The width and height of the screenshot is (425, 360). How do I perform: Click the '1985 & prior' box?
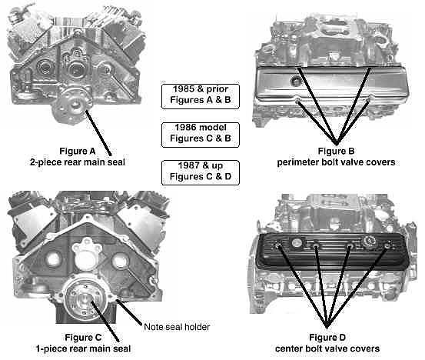click(201, 96)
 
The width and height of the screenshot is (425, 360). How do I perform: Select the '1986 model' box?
click(201, 135)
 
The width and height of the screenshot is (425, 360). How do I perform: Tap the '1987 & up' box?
click(201, 173)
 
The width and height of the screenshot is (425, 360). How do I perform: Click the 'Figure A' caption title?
click(78, 151)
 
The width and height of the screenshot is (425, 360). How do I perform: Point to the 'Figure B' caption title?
click(336, 151)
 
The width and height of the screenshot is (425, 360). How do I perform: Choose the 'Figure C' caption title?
click(83, 338)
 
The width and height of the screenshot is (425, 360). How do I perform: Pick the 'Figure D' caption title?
click(327, 338)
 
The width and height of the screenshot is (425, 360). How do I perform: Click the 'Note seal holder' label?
click(177, 327)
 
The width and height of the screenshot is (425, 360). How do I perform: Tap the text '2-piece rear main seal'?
click(78, 162)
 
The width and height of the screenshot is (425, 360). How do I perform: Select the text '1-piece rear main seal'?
click(84, 348)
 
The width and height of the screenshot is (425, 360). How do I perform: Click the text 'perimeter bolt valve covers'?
click(336, 162)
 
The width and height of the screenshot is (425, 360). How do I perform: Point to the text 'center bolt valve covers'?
click(327, 348)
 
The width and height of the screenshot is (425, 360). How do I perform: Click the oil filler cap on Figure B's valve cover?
click(295, 80)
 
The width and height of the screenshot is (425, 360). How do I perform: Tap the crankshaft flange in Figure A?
click(71, 105)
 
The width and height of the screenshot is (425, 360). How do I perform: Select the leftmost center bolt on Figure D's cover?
click(279, 245)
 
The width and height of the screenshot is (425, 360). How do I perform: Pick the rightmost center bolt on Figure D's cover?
click(387, 246)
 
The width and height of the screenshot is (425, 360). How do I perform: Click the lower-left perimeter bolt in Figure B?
click(297, 102)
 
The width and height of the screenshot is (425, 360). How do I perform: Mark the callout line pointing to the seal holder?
click(129, 312)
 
